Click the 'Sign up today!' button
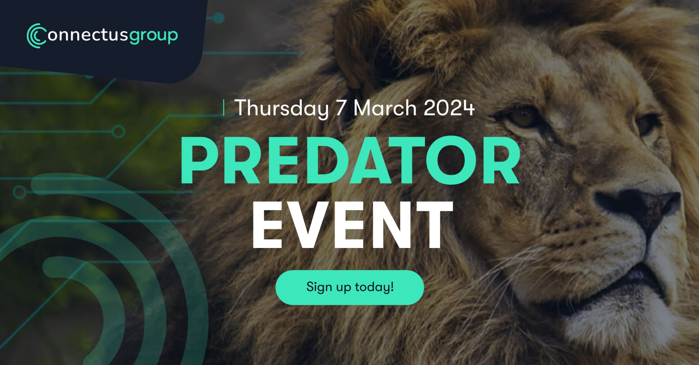(349, 287)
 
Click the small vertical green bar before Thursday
(224, 107)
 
